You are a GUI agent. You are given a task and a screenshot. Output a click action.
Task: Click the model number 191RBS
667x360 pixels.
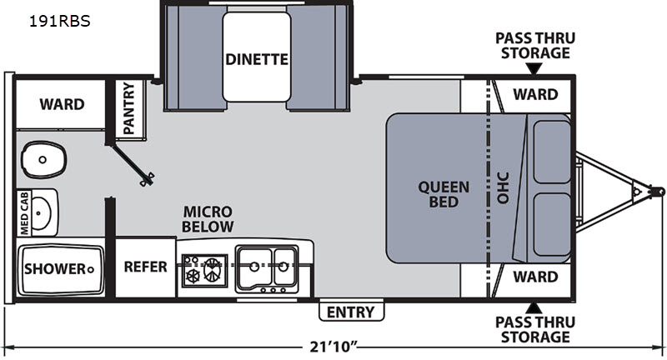59,21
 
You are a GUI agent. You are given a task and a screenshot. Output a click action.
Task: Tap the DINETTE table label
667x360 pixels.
257,59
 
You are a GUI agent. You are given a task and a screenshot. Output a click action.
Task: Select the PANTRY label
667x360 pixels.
128,108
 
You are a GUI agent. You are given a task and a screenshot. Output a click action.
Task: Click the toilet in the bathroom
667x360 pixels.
44,160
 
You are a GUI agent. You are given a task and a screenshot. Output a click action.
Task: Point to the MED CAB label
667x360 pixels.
24,212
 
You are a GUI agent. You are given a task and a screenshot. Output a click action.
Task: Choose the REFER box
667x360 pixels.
145,267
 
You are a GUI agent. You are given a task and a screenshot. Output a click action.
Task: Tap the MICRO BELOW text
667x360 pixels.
208,219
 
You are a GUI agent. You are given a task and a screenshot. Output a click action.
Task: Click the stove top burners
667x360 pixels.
204,271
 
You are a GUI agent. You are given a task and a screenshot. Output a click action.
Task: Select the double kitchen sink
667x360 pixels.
266,269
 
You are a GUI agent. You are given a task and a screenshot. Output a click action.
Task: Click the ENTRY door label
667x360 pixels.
350,312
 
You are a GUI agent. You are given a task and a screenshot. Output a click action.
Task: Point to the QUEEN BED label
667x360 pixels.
444,194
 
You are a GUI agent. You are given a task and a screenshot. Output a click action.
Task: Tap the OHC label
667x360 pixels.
503,187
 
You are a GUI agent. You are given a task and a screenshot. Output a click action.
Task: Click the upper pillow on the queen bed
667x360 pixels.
552,152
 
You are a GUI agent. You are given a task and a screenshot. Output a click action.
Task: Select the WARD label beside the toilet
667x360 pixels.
62,104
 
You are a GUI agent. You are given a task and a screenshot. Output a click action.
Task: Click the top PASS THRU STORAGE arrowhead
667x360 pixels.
534,68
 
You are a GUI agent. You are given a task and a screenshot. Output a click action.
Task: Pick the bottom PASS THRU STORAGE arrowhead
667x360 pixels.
534,308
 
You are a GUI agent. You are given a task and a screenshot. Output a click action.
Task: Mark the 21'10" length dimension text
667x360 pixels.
333,347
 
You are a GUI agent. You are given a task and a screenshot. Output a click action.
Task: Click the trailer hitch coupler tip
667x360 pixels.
659,192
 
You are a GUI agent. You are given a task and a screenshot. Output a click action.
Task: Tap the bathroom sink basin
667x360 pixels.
41,212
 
